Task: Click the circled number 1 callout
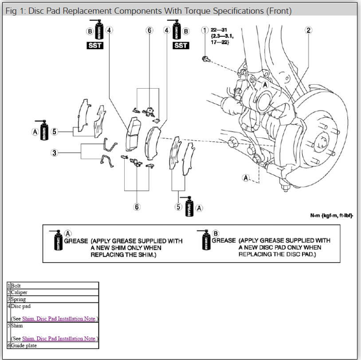pos(204,30)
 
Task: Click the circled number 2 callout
pos(309,30)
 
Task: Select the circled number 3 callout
pos(55,153)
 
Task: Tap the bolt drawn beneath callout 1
pos(205,59)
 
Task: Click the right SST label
pos(181,46)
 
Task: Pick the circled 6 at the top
pos(149,30)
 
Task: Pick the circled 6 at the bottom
pos(137,207)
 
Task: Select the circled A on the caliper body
pos(265,84)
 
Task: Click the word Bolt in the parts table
pos(16,286)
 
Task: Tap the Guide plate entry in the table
pos(24,345)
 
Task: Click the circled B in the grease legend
pos(216,233)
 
